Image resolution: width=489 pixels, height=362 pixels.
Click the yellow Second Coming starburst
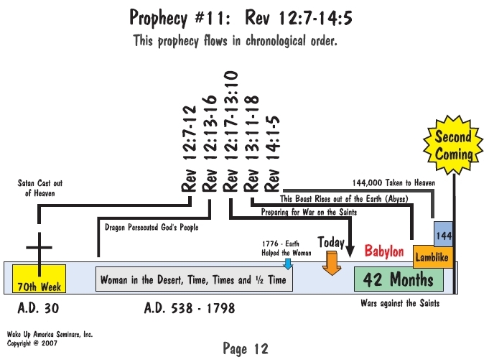coord(453,145)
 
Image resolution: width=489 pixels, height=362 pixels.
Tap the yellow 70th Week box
coord(39,279)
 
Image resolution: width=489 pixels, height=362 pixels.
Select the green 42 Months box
coord(399,279)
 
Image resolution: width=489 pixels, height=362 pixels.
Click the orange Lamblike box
coord(433,257)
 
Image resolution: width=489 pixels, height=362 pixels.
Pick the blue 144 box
coord(444,235)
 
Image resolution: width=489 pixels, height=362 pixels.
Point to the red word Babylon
coord(384,251)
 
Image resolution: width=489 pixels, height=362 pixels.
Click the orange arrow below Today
coord(332,264)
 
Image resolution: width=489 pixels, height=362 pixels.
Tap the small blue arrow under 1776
coord(288,264)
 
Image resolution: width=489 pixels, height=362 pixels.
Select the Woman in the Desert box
coord(194,279)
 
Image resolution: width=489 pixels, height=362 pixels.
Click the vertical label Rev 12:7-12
coord(189,149)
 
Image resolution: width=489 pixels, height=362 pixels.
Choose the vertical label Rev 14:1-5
coord(272,154)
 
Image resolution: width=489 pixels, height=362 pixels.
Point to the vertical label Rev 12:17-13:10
coord(230,131)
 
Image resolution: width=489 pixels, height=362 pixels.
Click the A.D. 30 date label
coord(38,308)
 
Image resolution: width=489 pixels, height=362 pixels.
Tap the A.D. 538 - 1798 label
coord(190,308)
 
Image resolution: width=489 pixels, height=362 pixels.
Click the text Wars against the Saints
coord(400,303)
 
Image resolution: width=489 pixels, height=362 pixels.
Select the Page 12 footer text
coord(246,348)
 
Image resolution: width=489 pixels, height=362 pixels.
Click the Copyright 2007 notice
coord(32,343)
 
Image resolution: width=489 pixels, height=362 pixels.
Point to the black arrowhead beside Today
coord(350,251)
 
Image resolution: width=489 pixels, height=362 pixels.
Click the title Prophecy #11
coord(180,17)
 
